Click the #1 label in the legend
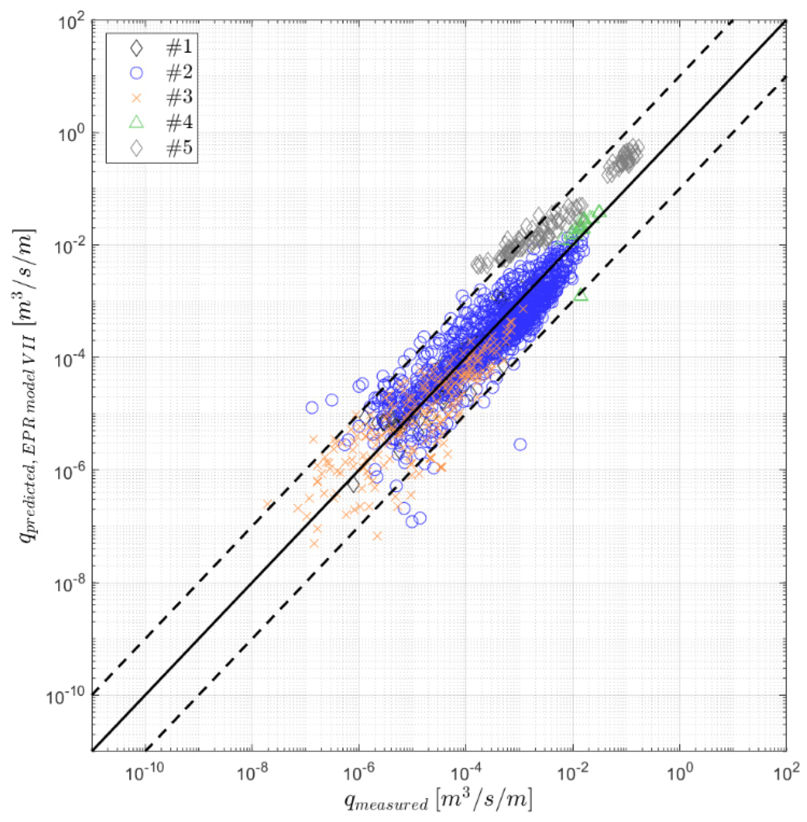(x=179, y=48)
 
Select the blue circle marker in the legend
(x=136, y=73)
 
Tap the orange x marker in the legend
(x=136, y=98)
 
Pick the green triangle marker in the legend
(x=136, y=122)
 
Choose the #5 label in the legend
(x=179, y=148)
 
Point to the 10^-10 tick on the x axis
(x=145, y=773)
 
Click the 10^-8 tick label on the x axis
(x=251, y=773)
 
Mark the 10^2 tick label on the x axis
(x=784, y=773)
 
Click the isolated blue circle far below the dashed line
(x=520, y=445)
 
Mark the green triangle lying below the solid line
(x=581, y=295)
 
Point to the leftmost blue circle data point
(x=312, y=407)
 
